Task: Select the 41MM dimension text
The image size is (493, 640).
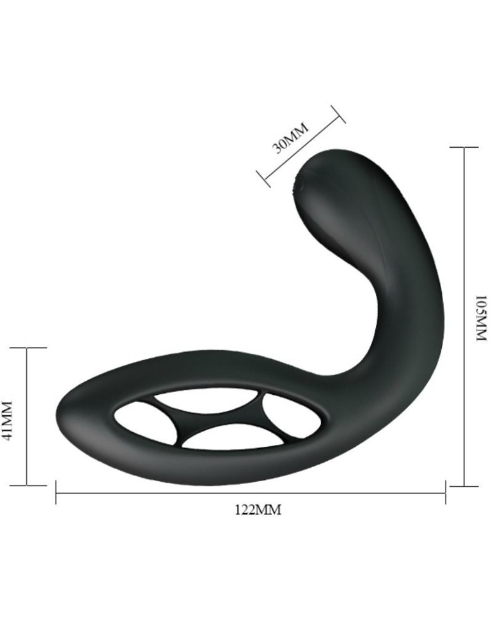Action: coord(8,419)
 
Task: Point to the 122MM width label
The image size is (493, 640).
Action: coord(258,509)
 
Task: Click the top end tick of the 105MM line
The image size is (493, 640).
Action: coord(464,147)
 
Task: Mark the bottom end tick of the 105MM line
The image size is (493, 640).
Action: coord(464,486)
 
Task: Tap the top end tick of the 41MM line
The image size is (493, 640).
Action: coord(27,348)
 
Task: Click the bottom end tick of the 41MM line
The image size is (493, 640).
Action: coord(27,485)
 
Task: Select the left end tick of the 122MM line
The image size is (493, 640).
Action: coord(56,493)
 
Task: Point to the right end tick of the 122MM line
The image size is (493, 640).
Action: coord(446,493)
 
